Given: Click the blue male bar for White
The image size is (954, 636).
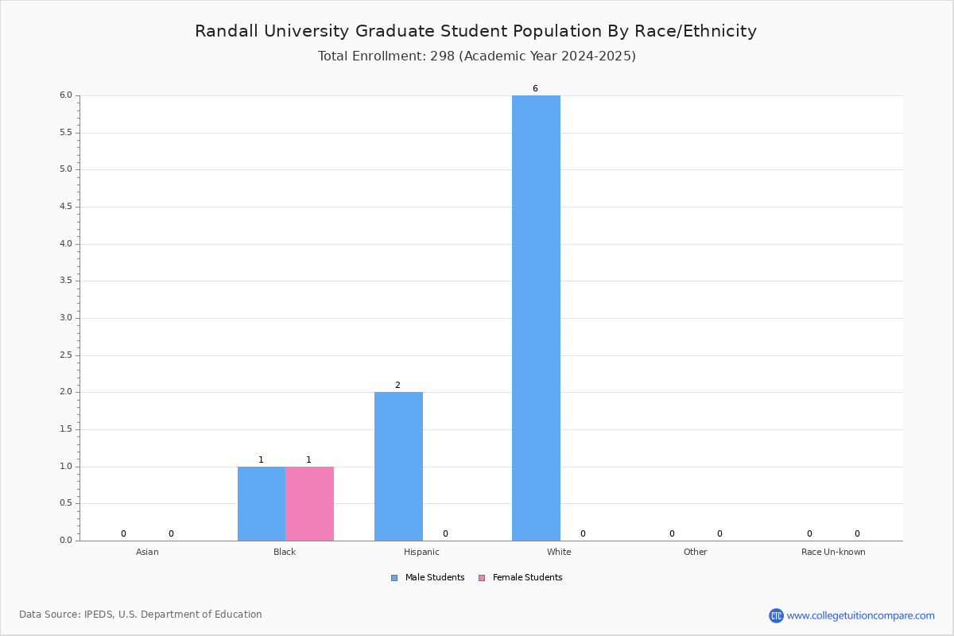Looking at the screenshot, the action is (536, 318).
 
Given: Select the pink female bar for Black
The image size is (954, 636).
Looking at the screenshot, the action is (309, 503).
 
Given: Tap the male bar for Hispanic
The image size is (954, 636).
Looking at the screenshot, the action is (398, 466).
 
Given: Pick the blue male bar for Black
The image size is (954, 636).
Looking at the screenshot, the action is (262, 503).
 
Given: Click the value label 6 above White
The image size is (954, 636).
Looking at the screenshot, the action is (535, 88).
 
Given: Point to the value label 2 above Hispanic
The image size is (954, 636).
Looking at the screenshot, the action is (397, 385).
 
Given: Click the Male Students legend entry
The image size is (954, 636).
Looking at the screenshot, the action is (428, 577).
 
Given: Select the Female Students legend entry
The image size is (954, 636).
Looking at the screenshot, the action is (521, 577).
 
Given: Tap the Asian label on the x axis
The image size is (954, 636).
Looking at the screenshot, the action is (147, 552).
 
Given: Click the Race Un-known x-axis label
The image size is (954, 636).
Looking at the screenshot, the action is (833, 552).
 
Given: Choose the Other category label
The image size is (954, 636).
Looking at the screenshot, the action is (695, 552).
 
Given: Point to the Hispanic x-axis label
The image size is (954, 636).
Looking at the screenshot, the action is (421, 552).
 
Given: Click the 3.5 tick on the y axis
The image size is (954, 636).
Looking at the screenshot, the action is (66, 281).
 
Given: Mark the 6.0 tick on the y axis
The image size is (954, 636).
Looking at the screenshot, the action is (66, 95).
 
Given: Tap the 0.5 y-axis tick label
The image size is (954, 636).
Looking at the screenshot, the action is (66, 502).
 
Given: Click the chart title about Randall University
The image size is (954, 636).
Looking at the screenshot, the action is (475, 31).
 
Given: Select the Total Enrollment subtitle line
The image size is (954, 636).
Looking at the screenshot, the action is (476, 56).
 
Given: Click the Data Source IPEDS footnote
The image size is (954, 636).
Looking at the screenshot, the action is (141, 615).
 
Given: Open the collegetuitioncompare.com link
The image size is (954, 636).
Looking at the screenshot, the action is (860, 615).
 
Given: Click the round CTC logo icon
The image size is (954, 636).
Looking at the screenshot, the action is (776, 615).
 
